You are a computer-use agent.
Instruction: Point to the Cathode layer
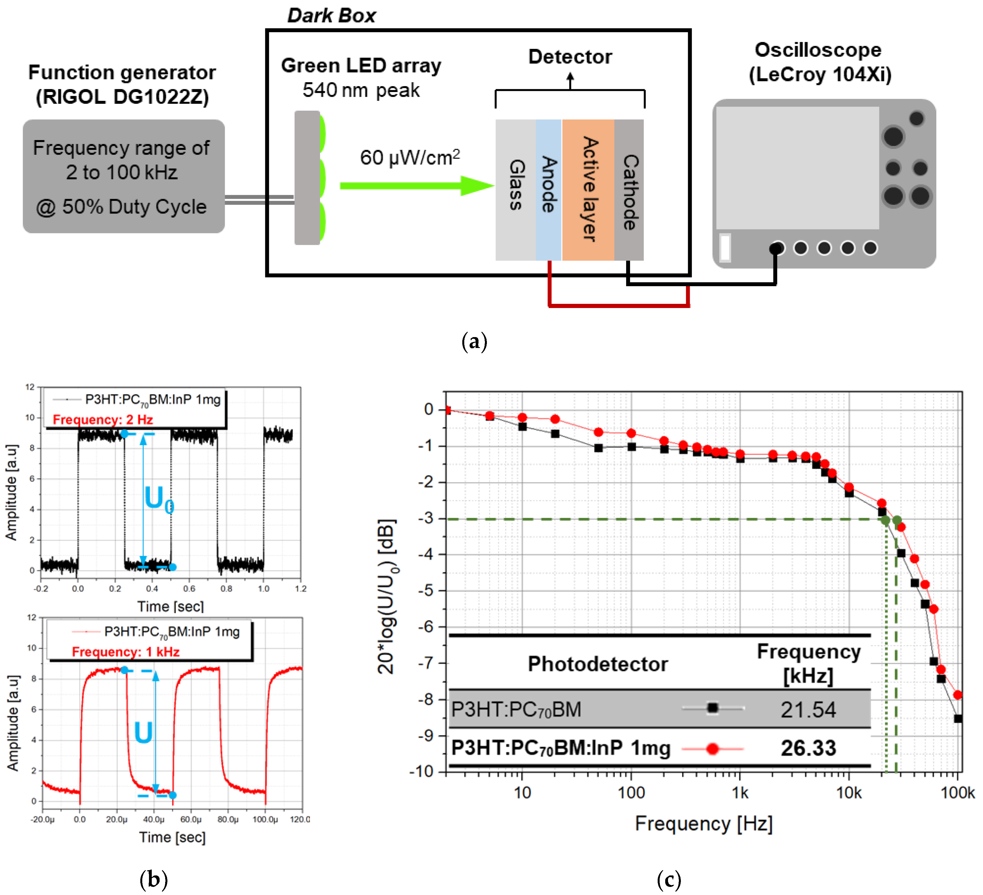pos(629,190)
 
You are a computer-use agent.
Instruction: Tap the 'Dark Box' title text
pos(331,16)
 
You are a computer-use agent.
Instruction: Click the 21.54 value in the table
pos(808,710)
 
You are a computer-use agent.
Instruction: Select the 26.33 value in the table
pos(808,748)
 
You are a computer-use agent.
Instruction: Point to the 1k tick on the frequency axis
pos(740,793)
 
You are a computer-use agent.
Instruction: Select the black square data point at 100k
pos(958,718)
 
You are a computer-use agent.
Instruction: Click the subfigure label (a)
pos(474,341)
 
